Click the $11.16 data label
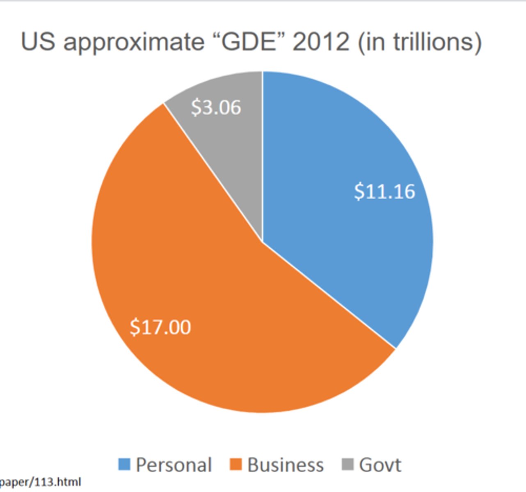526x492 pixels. tap(384, 191)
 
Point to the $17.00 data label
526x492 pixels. tap(160, 327)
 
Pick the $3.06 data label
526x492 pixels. tap(216, 107)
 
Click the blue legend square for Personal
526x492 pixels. tap(124, 465)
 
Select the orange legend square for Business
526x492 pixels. tap(236, 465)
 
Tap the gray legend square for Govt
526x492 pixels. tap(348, 465)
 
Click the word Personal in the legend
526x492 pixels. tap(174, 465)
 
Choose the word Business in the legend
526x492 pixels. tap(286, 465)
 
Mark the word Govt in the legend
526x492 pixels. tap(380, 465)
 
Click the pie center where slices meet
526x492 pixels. tap(263, 242)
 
